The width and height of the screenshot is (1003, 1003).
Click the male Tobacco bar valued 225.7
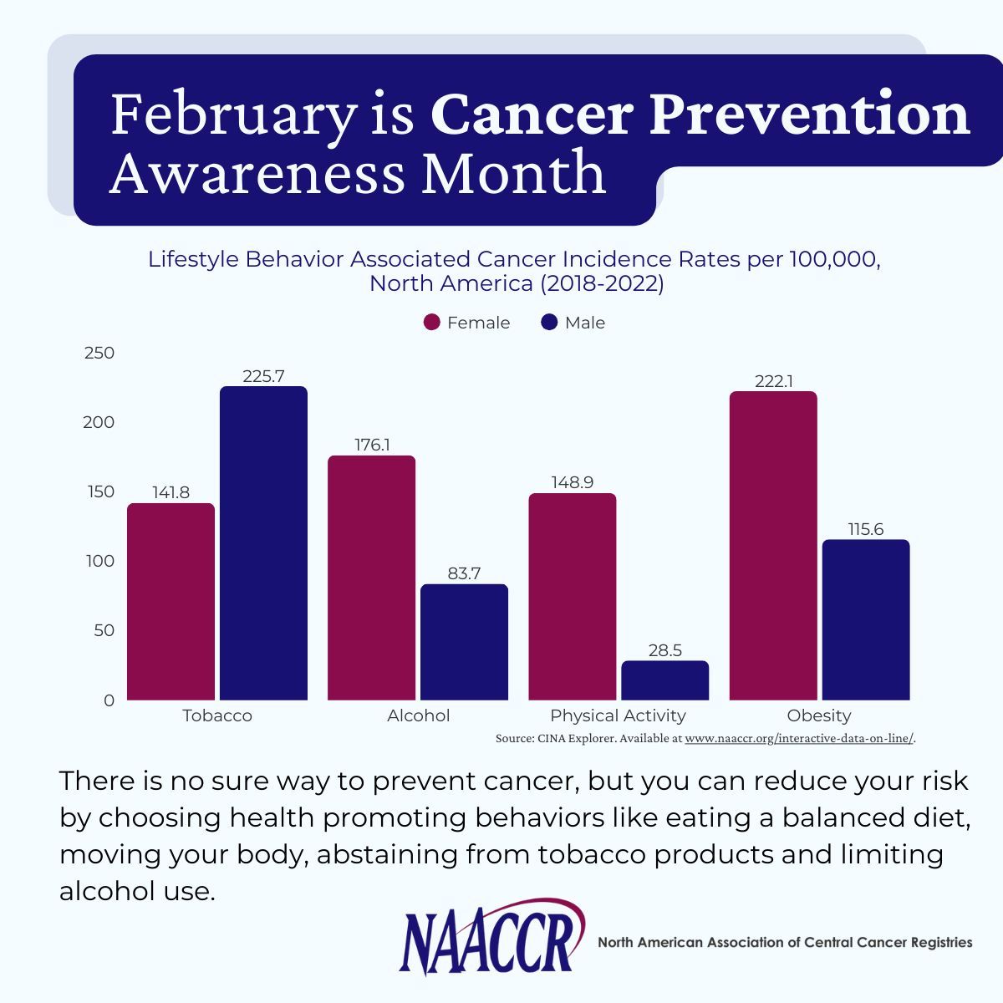[263, 543]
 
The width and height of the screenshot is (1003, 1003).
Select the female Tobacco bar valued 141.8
[171, 602]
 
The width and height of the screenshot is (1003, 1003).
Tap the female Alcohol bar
[371, 578]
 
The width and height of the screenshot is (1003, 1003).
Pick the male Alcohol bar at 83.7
[464, 642]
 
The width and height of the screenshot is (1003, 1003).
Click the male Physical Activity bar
[664, 680]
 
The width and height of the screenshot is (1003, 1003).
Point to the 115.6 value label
[865, 529]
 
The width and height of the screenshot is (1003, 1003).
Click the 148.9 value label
[573, 482]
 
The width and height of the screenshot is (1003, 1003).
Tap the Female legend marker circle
[432, 323]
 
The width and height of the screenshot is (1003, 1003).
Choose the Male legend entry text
[584, 323]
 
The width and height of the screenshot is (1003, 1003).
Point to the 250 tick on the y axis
[99, 353]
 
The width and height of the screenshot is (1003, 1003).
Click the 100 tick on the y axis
[99, 561]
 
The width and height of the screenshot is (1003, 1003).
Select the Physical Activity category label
[618, 715]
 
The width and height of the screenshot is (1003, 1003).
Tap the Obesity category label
[818, 715]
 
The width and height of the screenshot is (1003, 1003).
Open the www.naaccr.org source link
[799, 739]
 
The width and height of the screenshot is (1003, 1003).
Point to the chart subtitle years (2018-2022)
[601, 283]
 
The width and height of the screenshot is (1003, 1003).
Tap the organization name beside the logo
[785, 942]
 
